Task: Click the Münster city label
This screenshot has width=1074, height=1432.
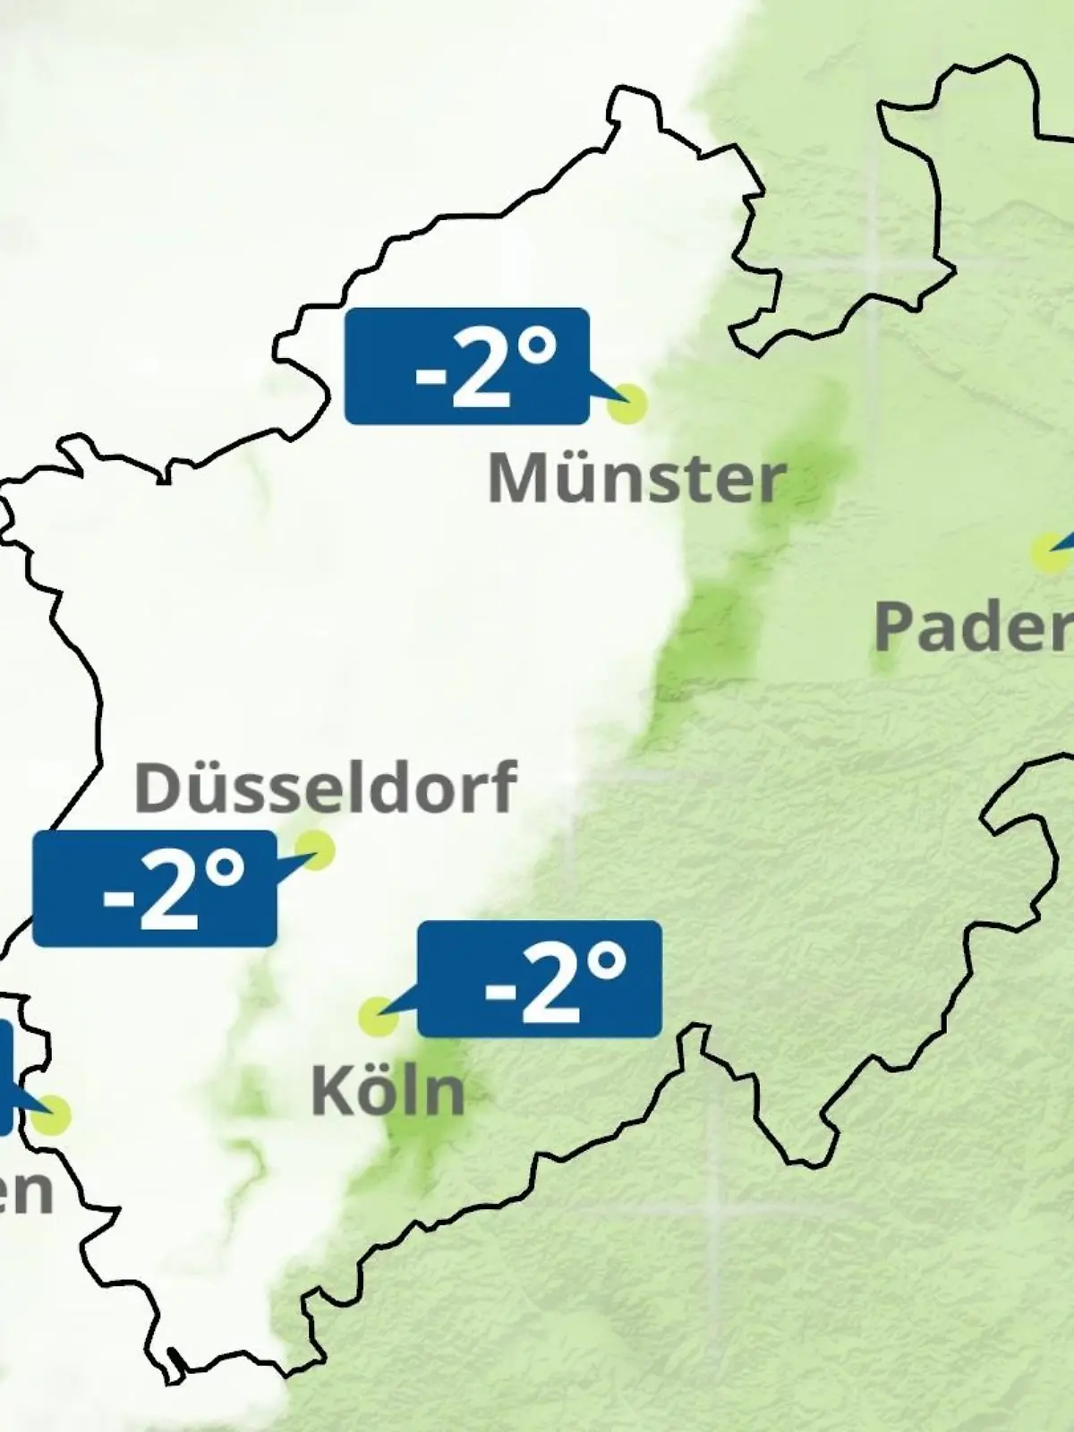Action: (x=636, y=480)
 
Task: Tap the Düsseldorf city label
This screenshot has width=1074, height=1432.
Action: (x=325, y=788)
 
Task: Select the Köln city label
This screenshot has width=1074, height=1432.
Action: (x=388, y=1091)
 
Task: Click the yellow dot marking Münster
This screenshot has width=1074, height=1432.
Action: (x=626, y=404)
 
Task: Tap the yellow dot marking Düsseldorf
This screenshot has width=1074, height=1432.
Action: (x=314, y=848)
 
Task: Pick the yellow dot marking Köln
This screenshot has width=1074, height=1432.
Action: (x=378, y=1017)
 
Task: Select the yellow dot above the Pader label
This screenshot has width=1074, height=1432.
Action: (x=1047, y=553)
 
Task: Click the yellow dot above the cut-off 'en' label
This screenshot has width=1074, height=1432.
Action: (x=52, y=1115)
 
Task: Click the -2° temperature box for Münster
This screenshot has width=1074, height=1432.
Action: (x=466, y=365)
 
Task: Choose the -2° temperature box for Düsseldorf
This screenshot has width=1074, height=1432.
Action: (x=154, y=889)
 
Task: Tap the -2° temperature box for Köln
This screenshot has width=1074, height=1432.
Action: (x=540, y=979)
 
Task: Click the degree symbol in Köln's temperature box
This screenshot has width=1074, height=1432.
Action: (x=609, y=963)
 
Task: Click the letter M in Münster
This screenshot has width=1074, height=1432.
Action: (x=516, y=480)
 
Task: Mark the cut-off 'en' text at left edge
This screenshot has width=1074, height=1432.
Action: (x=25, y=1190)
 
